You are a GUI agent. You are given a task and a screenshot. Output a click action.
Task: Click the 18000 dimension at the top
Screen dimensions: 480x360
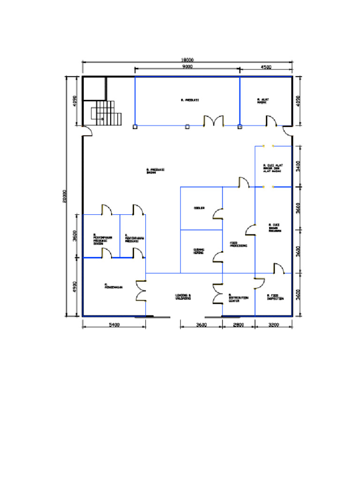[x=187, y=60]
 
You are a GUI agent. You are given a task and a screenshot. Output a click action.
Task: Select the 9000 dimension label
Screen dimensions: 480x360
[x=187, y=67]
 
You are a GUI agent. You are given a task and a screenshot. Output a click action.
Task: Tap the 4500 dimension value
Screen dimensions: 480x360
[x=266, y=67]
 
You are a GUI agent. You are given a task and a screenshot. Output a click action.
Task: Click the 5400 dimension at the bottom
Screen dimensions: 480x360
[x=114, y=324]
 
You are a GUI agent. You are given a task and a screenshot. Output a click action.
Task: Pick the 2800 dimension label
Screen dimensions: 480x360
[x=238, y=324]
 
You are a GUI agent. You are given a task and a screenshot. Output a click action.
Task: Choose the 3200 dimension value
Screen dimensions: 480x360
[x=274, y=324]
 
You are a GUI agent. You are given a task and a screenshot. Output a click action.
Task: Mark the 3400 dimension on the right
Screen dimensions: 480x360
[x=299, y=166]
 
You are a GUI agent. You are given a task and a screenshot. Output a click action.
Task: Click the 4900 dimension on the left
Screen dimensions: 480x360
[x=75, y=287]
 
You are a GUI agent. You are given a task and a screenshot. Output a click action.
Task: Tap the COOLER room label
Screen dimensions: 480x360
[x=199, y=208]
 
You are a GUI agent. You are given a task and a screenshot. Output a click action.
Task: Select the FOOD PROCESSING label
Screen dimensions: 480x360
[x=238, y=244]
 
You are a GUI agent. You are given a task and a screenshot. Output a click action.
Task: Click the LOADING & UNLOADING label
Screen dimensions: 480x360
[x=183, y=297]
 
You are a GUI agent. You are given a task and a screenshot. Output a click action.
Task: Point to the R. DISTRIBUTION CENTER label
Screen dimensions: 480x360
[x=239, y=298]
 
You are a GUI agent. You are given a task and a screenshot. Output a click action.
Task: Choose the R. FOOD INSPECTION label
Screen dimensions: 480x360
[x=275, y=297]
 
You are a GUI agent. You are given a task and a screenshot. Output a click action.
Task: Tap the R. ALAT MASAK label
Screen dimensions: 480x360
[x=263, y=101]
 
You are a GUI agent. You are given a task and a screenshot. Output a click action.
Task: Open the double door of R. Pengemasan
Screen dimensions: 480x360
[x=141, y=291]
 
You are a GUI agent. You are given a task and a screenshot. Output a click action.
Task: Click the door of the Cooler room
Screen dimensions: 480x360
[x=218, y=214]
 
